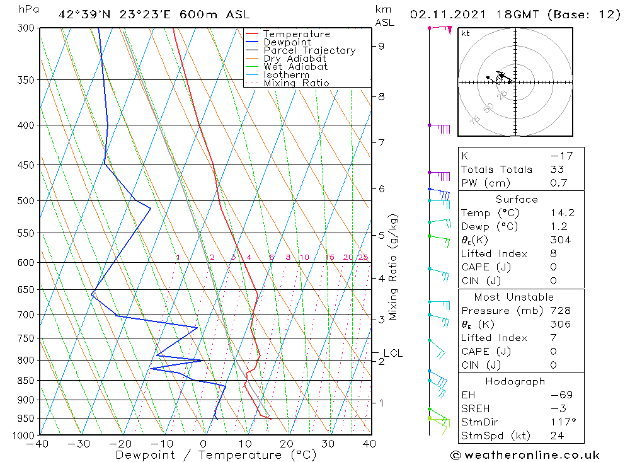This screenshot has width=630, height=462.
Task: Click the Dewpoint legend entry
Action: [x=287, y=42]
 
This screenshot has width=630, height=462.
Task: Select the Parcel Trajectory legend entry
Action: [x=309, y=50]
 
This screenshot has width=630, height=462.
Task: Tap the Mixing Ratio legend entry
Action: [x=295, y=83]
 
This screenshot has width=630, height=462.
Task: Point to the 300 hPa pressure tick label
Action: [x=25, y=28]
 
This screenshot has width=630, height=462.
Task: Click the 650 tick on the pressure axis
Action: [x=25, y=289]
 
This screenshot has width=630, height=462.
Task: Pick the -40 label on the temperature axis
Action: [x=37, y=444]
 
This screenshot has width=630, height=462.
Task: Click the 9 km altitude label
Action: [x=381, y=46]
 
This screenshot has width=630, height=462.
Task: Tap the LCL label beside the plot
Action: [x=392, y=353]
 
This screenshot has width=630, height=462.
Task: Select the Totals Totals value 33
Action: [x=557, y=169]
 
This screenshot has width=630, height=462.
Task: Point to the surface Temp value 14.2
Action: [x=562, y=213]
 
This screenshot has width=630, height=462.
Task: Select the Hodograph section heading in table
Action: [x=516, y=381]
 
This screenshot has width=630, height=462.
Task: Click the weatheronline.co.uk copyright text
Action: [x=525, y=455]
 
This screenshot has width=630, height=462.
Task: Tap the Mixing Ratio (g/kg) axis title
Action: [x=394, y=267]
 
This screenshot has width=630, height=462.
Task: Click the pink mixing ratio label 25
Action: [x=363, y=257]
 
